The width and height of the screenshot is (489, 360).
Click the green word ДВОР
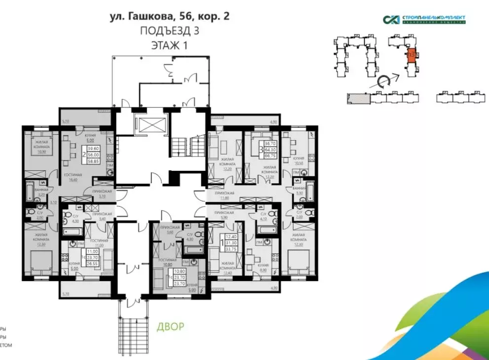coord(170,326)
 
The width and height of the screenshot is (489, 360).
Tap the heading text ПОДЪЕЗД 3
coord(170,31)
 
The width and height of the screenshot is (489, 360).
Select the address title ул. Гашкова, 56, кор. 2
coord(170,16)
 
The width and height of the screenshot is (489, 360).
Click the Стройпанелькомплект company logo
coord(424,20)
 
